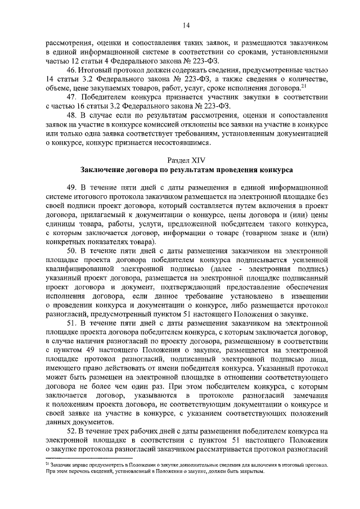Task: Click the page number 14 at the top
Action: pyautogui.click(x=186, y=24)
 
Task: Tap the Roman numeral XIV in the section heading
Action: pyautogui.click(x=195, y=160)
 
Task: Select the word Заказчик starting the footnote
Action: pyautogui.click(x=62, y=466)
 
